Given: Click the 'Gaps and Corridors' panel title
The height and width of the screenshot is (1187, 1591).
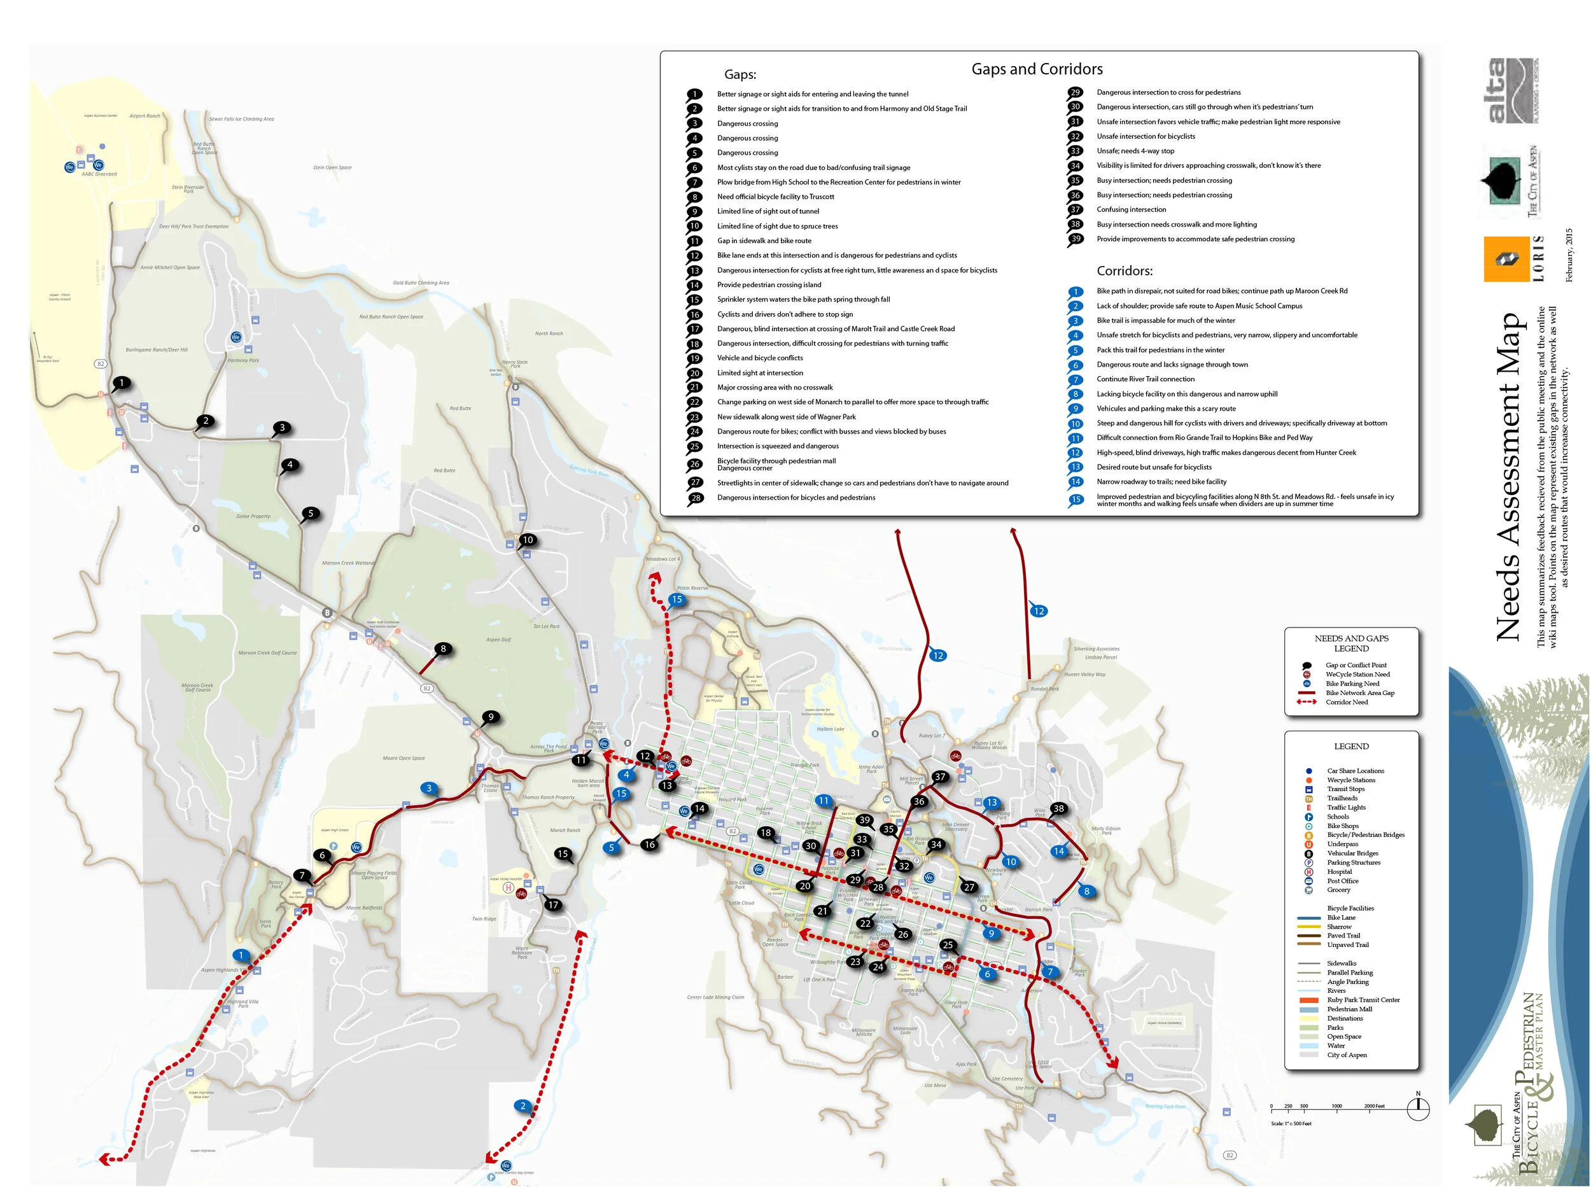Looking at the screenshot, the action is pyautogui.click(x=1037, y=69).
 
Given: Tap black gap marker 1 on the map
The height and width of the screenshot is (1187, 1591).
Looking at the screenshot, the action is pyautogui.click(x=122, y=383).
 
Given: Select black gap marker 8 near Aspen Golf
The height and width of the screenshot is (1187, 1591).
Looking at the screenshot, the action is pyautogui.click(x=443, y=649).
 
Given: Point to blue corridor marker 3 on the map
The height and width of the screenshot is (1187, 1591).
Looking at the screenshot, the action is pyautogui.click(x=429, y=788).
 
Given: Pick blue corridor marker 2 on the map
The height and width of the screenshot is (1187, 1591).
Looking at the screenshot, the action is pyautogui.click(x=523, y=1106).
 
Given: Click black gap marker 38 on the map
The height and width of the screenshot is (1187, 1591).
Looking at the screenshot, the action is pyautogui.click(x=1058, y=808).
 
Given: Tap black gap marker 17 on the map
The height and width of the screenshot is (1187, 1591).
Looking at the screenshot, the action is pyautogui.click(x=553, y=904).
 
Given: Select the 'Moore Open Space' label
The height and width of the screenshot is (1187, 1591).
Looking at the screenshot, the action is pyautogui.click(x=403, y=758).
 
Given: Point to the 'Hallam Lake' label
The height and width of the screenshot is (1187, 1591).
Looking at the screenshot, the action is pyautogui.click(x=830, y=729).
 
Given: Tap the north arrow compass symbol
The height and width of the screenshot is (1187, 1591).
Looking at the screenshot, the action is pyautogui.click(x=1417, y=1109).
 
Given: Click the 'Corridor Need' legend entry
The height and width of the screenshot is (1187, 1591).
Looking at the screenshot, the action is pyautogui.click(x=1346, y=702).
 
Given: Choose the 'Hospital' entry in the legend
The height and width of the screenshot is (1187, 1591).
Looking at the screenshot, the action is pyautogui.click(x=1339, y=871).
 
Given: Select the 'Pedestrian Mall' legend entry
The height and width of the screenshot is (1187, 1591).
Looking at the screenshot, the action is pyautogui.click(x=1349, y=1009).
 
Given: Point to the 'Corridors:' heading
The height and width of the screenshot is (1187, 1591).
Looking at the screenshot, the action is pyautogui.click(x=1124, y=271).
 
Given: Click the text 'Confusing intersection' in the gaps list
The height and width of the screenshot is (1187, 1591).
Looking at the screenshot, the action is pyautogui.click(x=1131, y=210).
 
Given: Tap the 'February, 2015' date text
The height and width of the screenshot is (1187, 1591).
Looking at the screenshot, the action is pyautogui.click(x=1569, y=255).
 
